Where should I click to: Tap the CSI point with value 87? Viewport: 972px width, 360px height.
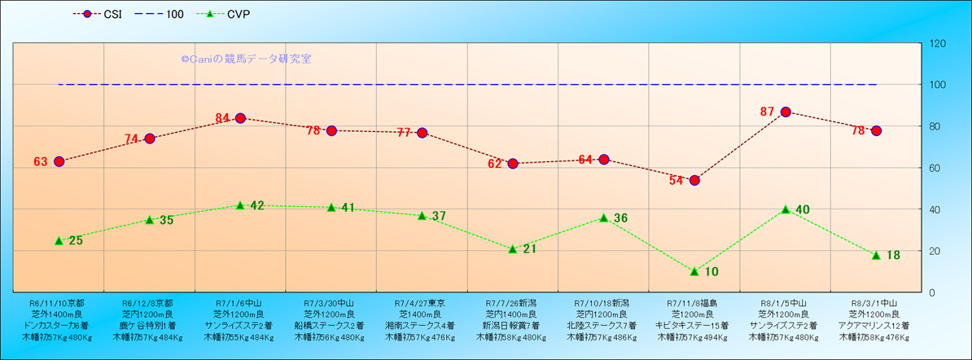786,112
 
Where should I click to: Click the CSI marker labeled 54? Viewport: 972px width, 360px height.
694,180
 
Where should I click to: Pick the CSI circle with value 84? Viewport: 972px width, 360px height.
240,118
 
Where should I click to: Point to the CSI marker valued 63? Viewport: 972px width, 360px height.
59,161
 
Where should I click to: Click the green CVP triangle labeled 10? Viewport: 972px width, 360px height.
694,271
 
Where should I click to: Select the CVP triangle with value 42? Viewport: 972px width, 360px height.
240,204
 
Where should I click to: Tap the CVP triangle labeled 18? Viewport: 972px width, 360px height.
876,255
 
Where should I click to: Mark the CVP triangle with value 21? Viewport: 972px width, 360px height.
513,248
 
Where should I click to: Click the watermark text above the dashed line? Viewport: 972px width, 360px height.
246,59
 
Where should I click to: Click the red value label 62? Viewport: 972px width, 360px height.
495,164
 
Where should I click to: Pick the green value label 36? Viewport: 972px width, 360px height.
620,217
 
